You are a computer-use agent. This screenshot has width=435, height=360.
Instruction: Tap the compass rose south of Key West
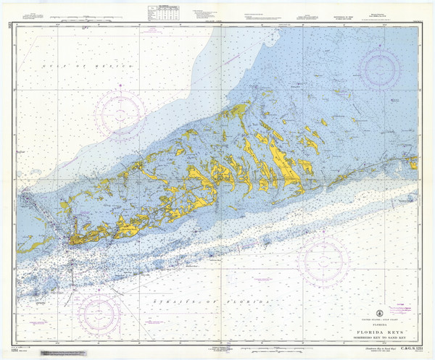103,309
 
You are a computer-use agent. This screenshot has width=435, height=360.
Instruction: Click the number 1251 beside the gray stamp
28,350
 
